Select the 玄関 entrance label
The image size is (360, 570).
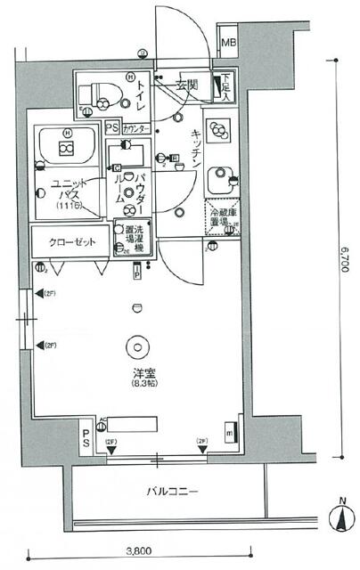point(186,85)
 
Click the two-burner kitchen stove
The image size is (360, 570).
point(218,130)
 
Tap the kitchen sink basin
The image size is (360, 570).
point(218,181)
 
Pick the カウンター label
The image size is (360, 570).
point(136,128)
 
